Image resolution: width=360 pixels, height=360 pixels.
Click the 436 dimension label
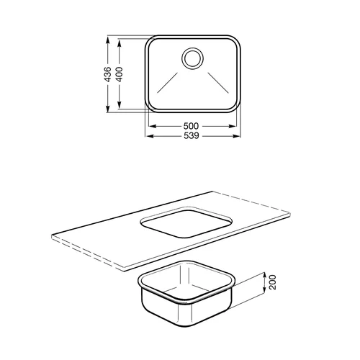point(109,74)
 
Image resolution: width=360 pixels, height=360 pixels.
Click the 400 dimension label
point(120,74)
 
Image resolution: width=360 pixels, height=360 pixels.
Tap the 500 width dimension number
point(191,126)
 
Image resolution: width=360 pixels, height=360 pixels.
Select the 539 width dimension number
point(192,136)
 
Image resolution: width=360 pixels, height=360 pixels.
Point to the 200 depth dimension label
point(273,282)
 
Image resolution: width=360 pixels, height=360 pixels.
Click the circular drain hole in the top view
point(192,58)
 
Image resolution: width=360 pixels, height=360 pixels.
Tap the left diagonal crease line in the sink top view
point(168,82)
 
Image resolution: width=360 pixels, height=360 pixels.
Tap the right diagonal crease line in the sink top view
point(218,82)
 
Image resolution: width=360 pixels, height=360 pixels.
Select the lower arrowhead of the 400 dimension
point(120,104)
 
